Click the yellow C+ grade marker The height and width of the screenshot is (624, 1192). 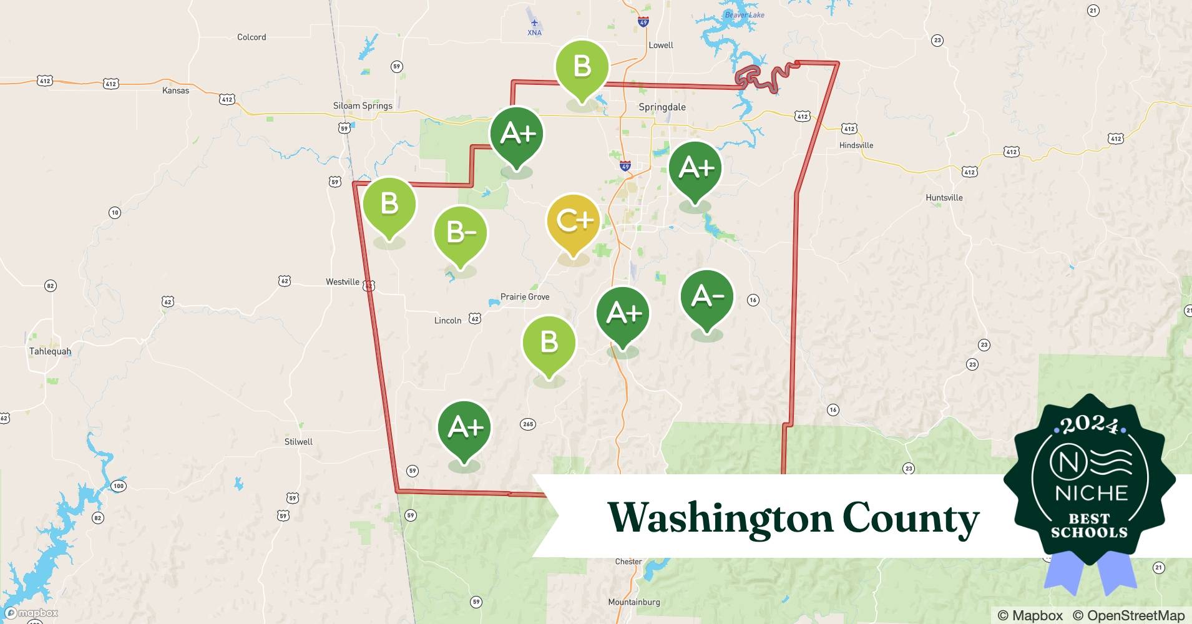[x=573, y=222]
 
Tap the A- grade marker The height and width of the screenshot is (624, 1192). [x=706, y=297]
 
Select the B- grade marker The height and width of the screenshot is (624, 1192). [x=461, y=233]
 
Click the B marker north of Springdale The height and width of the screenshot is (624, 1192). [x=582, y=66]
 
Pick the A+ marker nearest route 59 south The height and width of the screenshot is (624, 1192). [x=464, y=428]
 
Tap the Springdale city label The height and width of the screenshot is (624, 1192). [x=662, y=107]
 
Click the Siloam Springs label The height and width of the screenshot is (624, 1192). [x=363, y=105]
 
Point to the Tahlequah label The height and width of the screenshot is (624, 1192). [x=50, y=351]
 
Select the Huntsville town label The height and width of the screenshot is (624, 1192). [x=944, y=198]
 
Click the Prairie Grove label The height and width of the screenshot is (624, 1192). [x=525, y=297]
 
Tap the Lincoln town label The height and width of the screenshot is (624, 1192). [x=447, y=321]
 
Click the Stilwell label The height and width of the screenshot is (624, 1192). [x=298, y=442]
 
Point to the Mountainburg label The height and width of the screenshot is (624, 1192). [x=633, y=602]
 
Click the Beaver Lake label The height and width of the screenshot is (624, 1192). [x=744, y=15]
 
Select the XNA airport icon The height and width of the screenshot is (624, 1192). [x=534, y=23]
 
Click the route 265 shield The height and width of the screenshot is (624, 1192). [x=528, y=424]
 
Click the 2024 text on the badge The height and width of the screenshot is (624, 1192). [x=1089, y=425]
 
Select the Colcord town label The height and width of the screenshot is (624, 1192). [x=252, y=37]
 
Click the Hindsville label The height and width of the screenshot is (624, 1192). [x=856, y=145]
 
